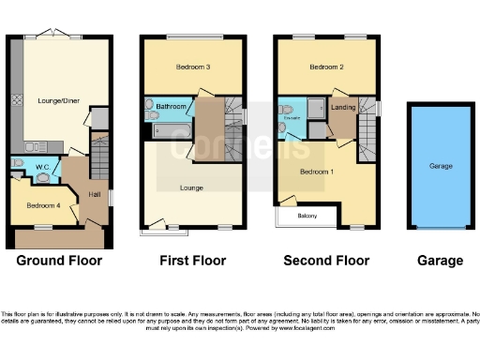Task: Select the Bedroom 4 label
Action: coord(43,205)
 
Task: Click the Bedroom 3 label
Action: coord(192,67)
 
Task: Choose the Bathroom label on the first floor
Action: coord(172,107)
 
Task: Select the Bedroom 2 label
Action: coord(327,67)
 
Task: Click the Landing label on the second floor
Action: coord(344,109)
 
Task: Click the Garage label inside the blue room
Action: coord(441,166)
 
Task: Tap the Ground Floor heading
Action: coord(60,261)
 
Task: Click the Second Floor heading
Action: coord(326,261)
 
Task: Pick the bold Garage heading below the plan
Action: coord(440,261)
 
